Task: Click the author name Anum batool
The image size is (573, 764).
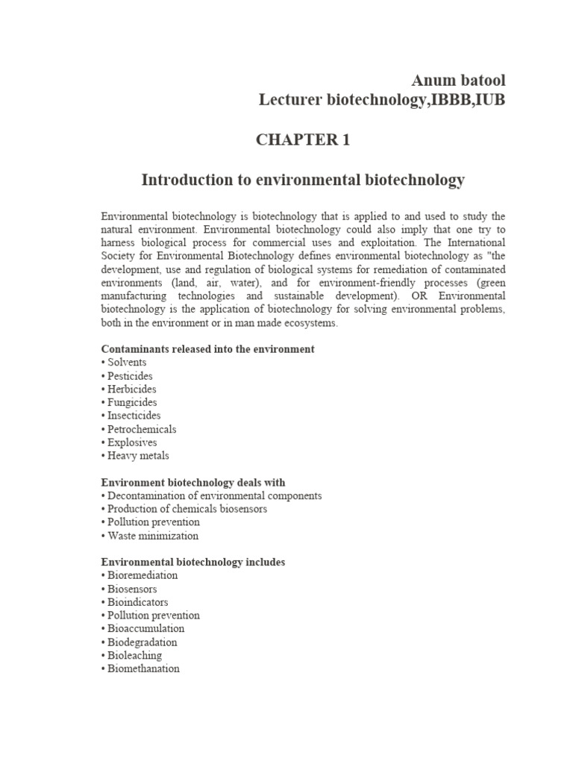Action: (458, 80)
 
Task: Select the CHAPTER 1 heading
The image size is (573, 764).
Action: (303, 140)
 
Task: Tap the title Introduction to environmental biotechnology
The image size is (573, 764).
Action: (303, 180)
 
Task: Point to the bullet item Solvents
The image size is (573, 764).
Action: (129, 362)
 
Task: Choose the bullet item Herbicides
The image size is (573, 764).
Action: (132, 389)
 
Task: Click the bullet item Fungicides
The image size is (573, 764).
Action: (132, 402)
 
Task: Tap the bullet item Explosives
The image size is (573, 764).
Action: (133, 442)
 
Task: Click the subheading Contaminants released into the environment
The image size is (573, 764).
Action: (207, 348)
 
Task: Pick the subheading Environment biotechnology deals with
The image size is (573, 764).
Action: (193, 482)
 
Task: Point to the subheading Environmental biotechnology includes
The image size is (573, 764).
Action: (193, 562)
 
